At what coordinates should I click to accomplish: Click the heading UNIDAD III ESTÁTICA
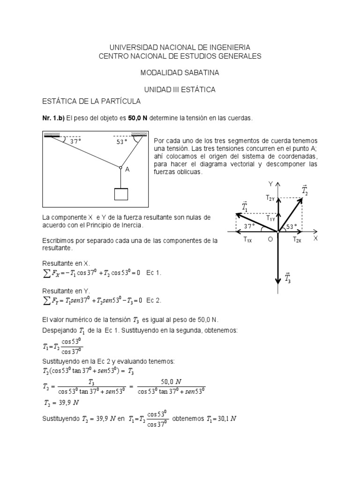click(180, 90)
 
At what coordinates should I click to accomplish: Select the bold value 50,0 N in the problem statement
click(135, 118)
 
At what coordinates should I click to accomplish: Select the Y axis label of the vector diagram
click(270, 183)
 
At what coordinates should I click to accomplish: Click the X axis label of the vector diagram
click(315, 238)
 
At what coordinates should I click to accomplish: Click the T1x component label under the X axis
click(247, 240)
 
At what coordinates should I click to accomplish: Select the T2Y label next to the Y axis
click(270, 198)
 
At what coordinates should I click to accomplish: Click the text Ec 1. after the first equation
click(154, 273)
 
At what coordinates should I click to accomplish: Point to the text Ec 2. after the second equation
click(154, 300)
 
